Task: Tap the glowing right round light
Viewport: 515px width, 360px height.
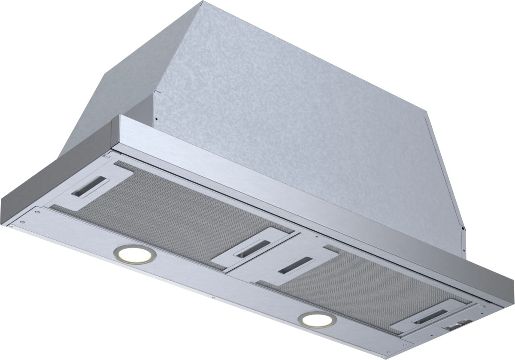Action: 318,320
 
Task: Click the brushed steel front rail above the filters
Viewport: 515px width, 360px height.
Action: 300,197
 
